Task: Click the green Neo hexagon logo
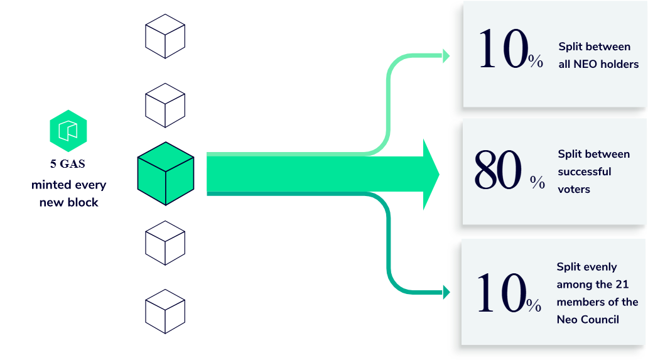(68, 131)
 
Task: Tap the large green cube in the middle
(165, 173)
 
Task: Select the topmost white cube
(165, 36)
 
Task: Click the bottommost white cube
(165, 312)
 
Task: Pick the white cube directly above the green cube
(165, 106)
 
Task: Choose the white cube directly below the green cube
(165, 243)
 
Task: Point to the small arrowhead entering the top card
(446, 56)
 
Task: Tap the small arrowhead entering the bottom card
(446, 292)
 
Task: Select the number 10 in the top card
(502, 50)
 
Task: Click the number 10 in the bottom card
(500, 293)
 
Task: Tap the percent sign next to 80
(537, 183)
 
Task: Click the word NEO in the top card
(586, 64)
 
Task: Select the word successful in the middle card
(584, 172)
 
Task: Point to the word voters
(574, 189)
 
